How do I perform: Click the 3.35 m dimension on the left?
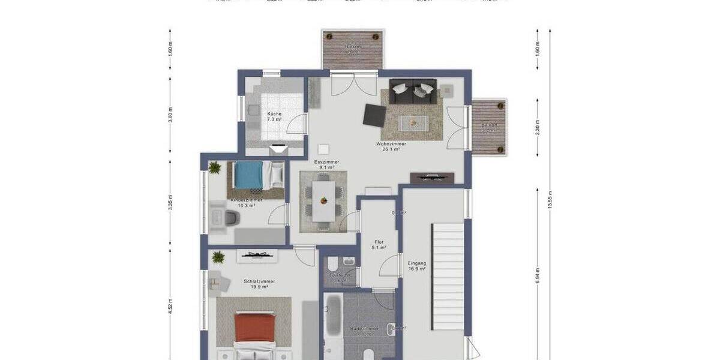170,203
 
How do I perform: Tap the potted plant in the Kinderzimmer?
215,167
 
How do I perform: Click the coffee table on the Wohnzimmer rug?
413,122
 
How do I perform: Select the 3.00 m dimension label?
170,115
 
